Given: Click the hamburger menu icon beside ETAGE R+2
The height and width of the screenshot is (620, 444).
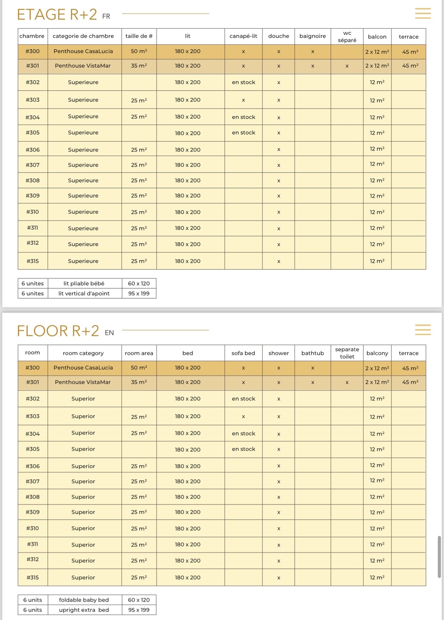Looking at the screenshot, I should (423, 13).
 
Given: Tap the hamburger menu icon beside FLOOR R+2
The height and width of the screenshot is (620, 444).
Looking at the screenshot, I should (423, 330).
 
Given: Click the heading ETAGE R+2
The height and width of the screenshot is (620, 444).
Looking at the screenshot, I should (57, 15).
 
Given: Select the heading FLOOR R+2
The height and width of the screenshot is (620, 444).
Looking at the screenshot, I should (58, 331).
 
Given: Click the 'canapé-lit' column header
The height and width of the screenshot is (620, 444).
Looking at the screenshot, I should (243, 36).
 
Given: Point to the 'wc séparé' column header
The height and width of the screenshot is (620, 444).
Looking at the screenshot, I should (347, 36).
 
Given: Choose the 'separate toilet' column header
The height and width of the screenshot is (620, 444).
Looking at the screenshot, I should (347, 353).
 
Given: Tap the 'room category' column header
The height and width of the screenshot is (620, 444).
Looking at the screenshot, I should (83, 353).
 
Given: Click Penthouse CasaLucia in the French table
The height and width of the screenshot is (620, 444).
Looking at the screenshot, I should (83, 51).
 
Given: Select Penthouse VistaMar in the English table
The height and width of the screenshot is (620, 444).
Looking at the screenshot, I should (83, 382).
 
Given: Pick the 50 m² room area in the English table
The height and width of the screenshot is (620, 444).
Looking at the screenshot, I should (139, 368).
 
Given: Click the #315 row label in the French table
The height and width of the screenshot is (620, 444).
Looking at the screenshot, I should (33, 261).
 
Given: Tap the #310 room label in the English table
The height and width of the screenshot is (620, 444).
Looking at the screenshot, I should (33, 528).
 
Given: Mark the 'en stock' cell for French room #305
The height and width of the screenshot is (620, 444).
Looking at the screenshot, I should (243, 133).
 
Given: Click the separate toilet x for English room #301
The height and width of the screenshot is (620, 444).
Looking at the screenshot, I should (347, 382).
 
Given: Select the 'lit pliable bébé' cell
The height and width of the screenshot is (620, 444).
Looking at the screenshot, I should (84, 283).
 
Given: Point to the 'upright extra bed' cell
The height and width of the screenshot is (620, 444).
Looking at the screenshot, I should (84, 610).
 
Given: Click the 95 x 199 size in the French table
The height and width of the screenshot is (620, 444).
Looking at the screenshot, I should (139, 293).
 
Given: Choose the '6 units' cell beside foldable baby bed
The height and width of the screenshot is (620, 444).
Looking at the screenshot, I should (33, 600).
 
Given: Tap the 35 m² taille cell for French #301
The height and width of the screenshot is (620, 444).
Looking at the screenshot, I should (139, 66).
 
